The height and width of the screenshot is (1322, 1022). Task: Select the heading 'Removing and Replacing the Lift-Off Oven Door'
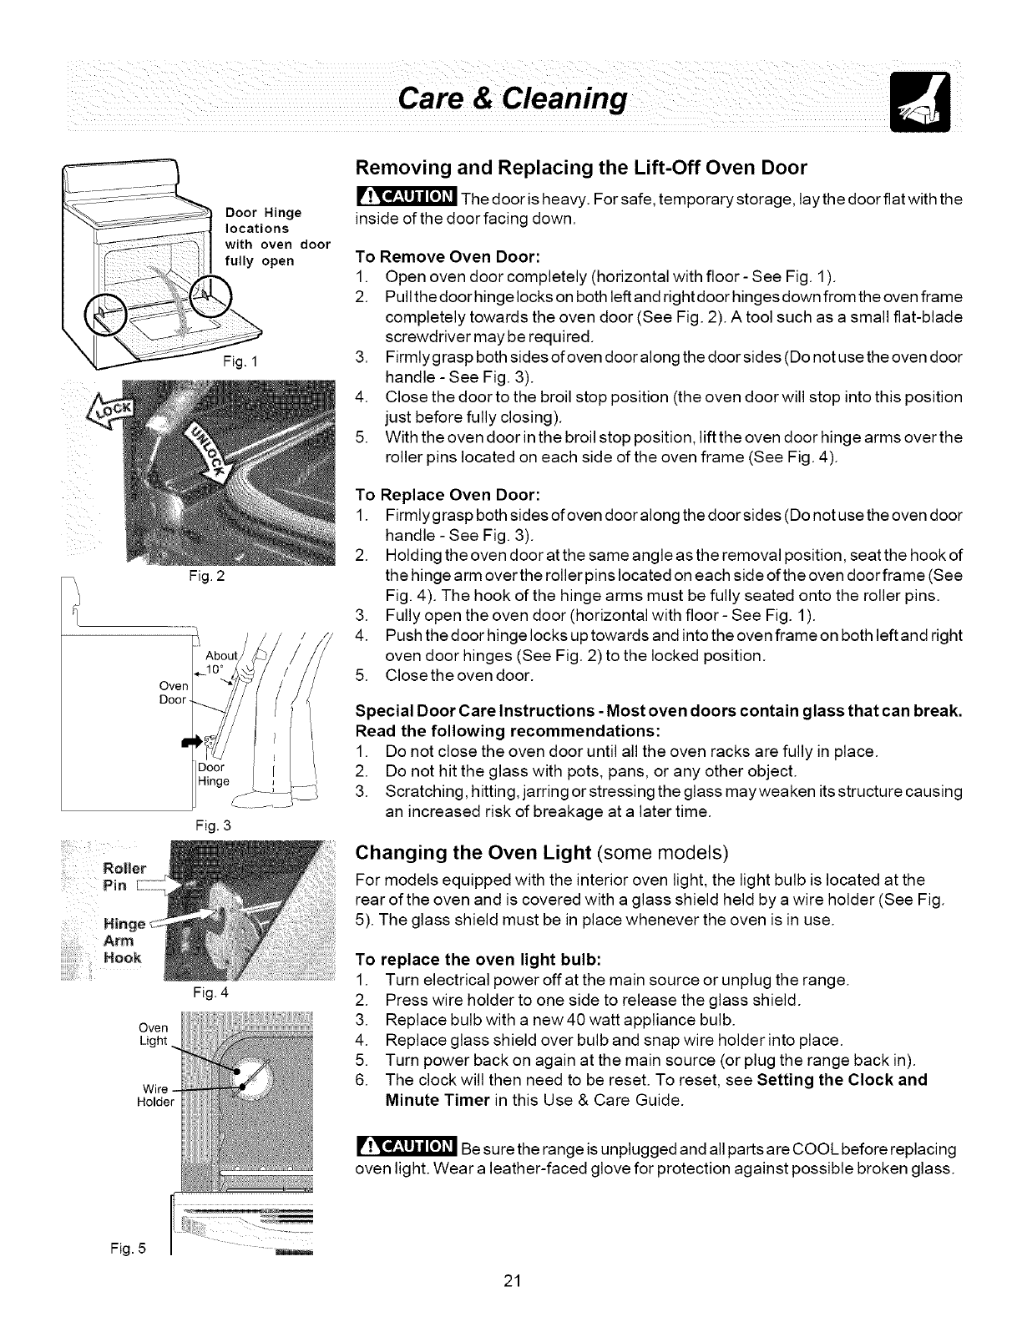coord(581,168)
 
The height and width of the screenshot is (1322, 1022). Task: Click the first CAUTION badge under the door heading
coord(405,198)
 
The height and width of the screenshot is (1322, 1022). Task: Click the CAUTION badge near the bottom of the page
coord(405,1148)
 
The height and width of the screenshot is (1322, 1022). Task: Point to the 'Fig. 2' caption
coord(195,575)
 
